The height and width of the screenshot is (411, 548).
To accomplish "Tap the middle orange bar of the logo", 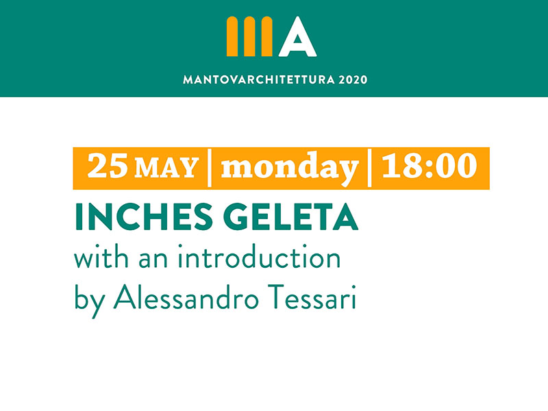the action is [x=249, y=36].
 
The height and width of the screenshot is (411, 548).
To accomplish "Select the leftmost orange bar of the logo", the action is [x=232, y=36].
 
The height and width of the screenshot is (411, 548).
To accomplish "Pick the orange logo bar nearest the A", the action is [x=266, y=36].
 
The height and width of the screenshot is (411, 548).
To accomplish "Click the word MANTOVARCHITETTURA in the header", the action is [x=259, y=80].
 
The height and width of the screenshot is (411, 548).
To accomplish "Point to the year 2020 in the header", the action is [x=353, y=80].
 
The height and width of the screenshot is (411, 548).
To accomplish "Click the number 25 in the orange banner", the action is [x=108, y=166].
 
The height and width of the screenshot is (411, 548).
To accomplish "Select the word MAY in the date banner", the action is [x=166, y=168].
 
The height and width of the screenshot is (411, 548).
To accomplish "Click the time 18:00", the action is [x=429, y=165].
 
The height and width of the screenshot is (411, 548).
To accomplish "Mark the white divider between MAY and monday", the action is [x=210, y=168].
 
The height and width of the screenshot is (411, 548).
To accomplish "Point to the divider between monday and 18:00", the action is [x=369, y=168].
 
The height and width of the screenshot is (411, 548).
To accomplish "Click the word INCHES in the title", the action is [x=144, y=216].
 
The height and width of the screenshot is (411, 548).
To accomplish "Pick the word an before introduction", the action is [x=153, y=260].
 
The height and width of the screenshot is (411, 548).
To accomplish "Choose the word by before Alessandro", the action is [x=90, y=301].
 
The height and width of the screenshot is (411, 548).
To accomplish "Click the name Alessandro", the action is [x=186, y=297].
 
